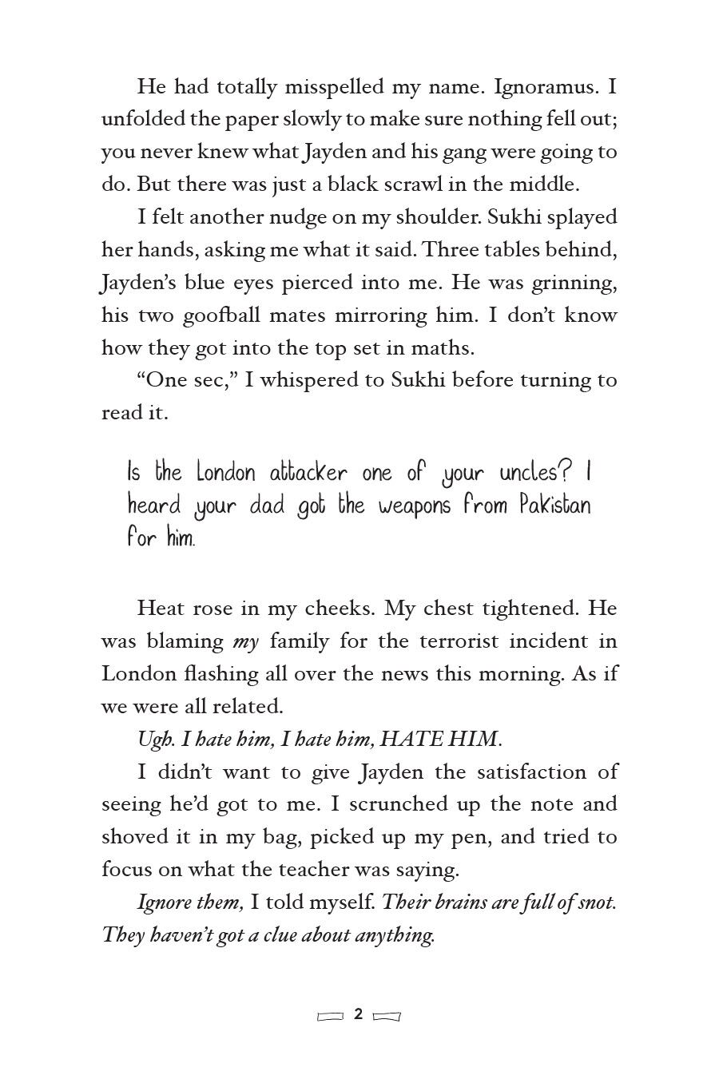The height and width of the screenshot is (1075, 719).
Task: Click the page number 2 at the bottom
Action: click(x=359, y=1015)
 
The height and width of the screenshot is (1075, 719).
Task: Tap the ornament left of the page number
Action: click(x=331, y=1016)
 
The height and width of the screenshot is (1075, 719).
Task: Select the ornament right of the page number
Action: click(x=387, y=1016)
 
